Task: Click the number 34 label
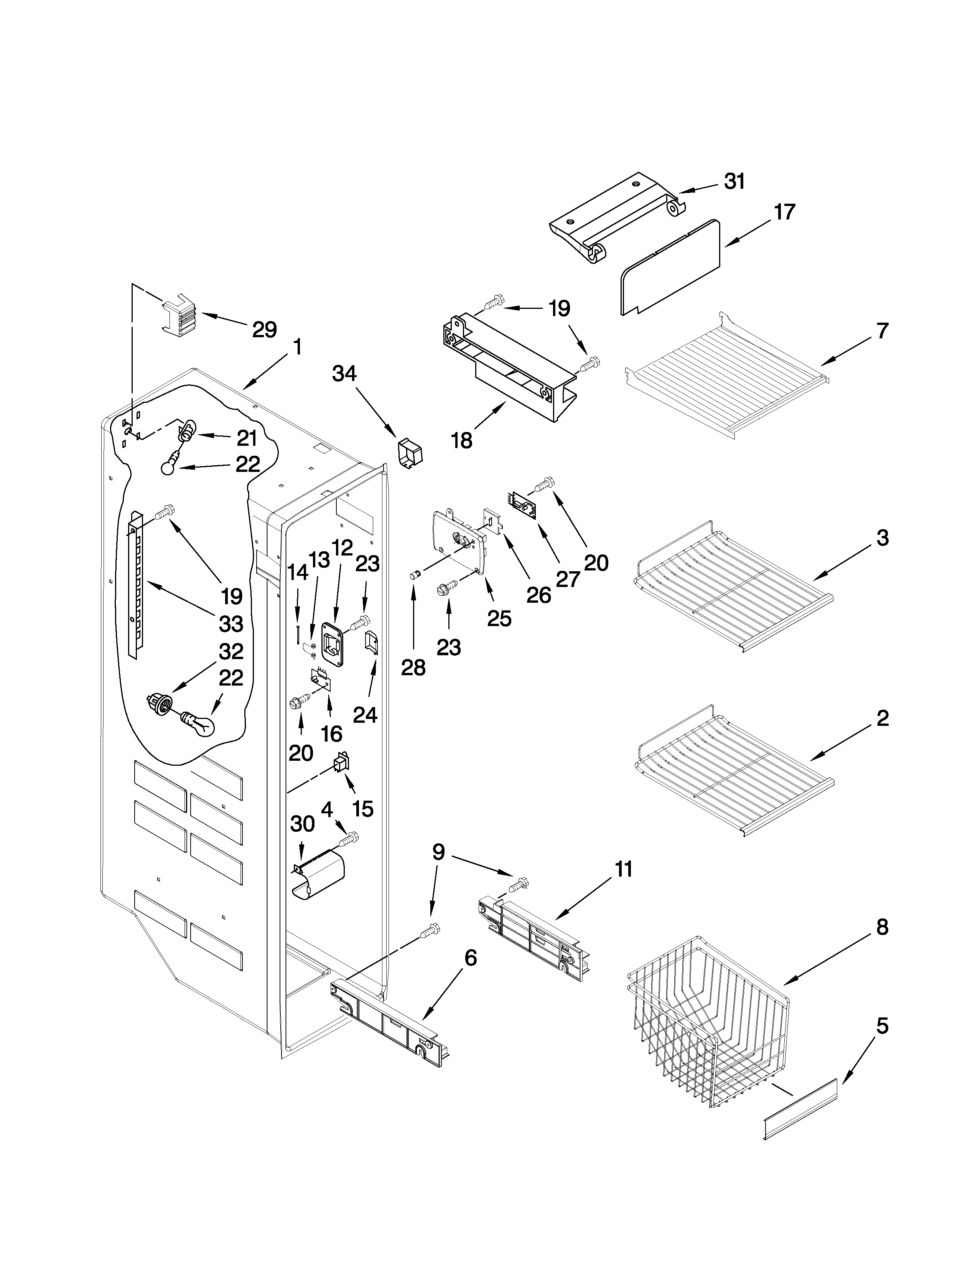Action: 344,374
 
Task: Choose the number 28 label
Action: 413,668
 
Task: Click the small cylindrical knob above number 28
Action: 414,574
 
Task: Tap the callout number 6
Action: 471,958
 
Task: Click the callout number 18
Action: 462,441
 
